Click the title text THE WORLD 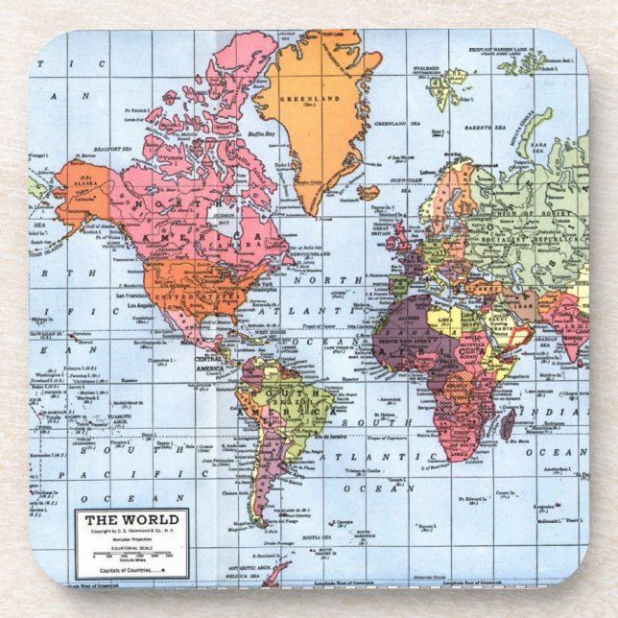pyautogui.click(x=131, y=520)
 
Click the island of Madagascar pyautogui.click(x=506, y=423)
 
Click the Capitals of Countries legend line pyautogui.click(x=131, y=570)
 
